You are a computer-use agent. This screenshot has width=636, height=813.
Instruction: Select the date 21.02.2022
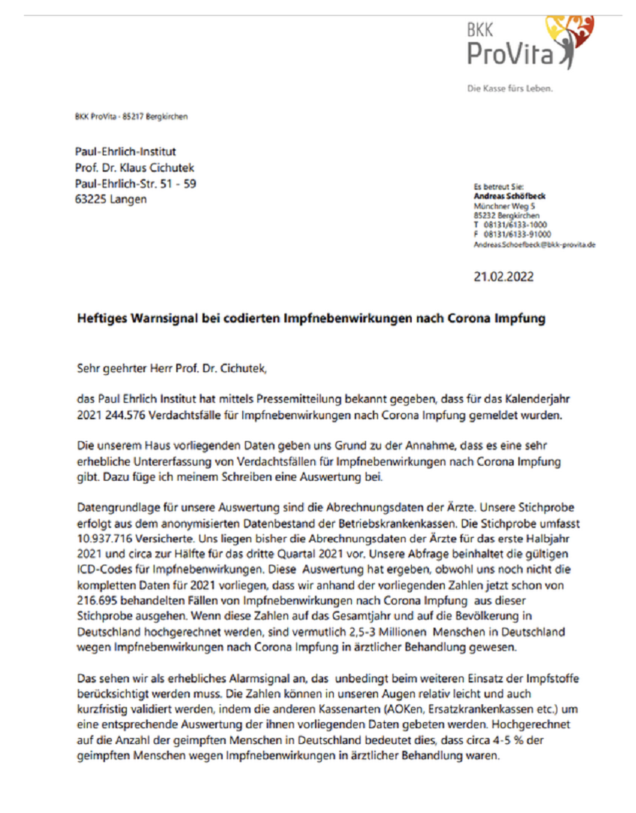pyautogui.click(x=503, y=277)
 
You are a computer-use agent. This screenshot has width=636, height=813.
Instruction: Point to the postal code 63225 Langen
pyautogui.click(x=110, y=199)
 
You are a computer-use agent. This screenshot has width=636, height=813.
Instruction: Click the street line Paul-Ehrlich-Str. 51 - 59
pyautogui.click(x=136, y=183)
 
